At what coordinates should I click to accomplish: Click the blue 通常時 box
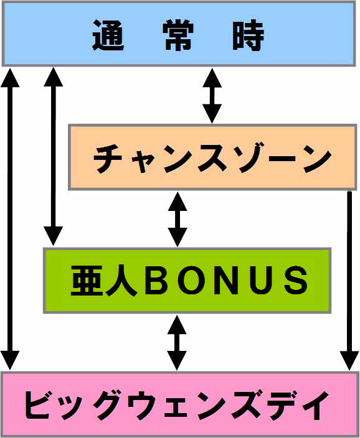point(179,34)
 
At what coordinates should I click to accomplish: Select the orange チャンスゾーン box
point(212,157)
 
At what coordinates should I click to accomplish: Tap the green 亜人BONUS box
point(187,280)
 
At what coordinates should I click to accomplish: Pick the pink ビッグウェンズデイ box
point(180,404)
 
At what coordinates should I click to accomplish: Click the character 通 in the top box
point(108,35)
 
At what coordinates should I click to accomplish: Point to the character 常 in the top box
point(179,35)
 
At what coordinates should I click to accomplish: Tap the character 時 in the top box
point(249,35)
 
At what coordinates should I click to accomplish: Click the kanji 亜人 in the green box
point(104,280)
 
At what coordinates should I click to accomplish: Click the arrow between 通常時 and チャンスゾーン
point(212,96)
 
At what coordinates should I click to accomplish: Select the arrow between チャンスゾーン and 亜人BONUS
point(178,219)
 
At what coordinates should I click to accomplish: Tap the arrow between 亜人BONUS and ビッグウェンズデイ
point(177,343)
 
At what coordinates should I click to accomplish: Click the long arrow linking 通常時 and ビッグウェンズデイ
point(11,219)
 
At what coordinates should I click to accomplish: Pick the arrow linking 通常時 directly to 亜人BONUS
point(54,157)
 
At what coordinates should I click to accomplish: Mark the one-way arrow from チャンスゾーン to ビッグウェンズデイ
point(349,281)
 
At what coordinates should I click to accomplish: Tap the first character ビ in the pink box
point(39,404)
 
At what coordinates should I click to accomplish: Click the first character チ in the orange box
point(108,159)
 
